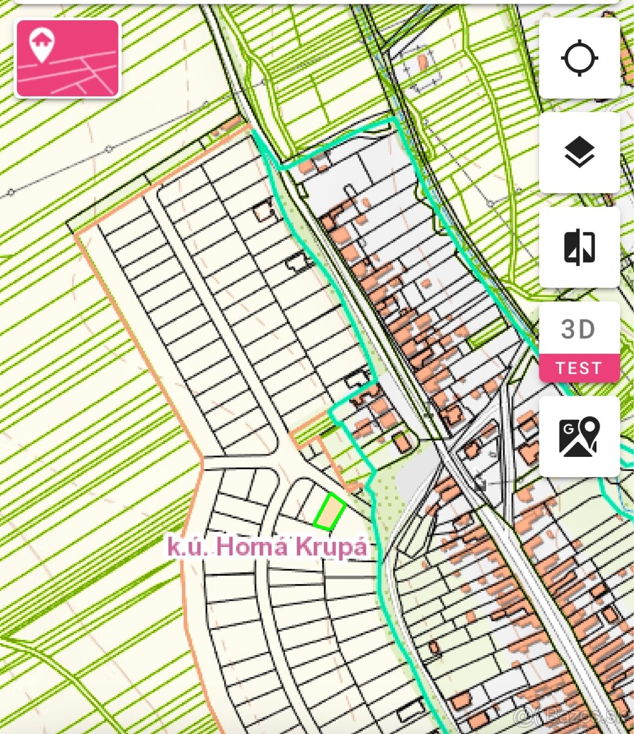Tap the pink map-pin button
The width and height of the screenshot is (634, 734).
67,58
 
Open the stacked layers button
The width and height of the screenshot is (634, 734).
579,152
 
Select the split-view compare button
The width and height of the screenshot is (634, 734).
579,247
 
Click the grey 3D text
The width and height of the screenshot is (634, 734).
578,330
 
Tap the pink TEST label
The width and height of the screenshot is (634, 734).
579,368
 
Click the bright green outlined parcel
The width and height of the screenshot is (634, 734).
330,511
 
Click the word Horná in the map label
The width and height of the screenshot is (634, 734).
252,546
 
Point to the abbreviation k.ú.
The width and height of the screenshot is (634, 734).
188,546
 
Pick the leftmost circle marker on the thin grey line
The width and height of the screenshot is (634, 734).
10,193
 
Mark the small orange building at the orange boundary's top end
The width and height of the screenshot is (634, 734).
229,126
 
